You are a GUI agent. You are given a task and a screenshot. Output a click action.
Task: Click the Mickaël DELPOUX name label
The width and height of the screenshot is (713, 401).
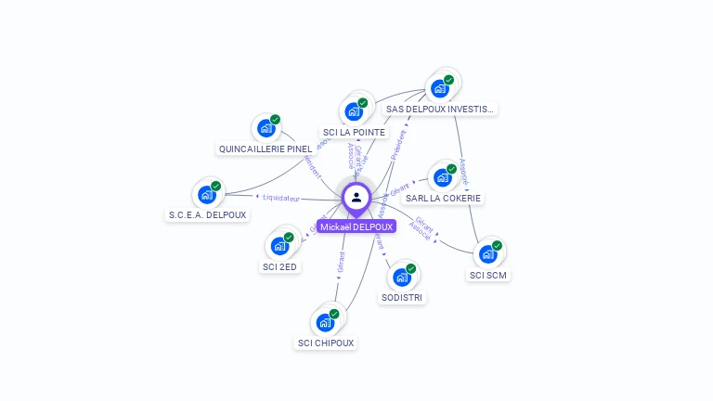pos(356,226)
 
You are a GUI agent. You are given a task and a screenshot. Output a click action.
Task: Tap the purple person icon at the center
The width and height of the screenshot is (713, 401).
pos(356,198)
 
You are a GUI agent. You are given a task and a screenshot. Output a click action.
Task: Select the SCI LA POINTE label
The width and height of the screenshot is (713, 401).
pos(354,133)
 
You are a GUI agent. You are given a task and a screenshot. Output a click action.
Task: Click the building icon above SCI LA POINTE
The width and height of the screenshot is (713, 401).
pos(354,111)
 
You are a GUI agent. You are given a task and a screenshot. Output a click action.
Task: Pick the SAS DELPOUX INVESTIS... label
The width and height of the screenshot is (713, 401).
pos(441,109)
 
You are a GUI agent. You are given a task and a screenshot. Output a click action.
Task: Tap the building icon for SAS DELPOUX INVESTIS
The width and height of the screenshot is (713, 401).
pos(440,88)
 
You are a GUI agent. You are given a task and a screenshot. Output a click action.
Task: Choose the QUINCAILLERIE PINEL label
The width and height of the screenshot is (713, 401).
pos(266,149)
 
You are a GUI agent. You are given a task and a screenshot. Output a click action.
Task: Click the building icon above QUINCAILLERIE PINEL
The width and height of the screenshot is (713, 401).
pos(266,128)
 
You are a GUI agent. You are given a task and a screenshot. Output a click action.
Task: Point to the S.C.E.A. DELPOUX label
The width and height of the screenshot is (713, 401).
pos(207,215)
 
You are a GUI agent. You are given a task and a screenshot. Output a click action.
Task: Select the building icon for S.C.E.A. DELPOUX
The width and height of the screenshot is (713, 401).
pos(207,195)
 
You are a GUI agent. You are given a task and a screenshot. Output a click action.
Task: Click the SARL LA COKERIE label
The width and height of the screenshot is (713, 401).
pos(444,199)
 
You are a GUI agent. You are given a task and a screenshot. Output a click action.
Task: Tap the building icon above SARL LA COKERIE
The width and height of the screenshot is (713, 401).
pos(443,177)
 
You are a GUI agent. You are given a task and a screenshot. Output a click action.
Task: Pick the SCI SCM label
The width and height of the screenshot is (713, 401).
pos(489,275)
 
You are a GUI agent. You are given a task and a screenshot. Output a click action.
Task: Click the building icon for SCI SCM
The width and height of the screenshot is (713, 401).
pos(488,253)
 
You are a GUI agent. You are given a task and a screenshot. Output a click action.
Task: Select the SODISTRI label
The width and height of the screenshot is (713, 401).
pos(402,298)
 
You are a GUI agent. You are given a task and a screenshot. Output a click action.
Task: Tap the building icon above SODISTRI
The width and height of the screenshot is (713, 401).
pos(402,277)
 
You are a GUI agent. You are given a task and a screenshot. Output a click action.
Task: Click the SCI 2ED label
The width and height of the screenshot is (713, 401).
pos(279,267)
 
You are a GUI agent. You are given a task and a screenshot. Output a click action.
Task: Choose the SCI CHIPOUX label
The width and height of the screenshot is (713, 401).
pos(326,343)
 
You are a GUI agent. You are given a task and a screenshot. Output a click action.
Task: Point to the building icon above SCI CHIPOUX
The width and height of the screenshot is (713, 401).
pos(326,322)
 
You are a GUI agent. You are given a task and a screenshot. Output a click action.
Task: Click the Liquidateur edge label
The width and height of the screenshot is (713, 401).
pos(281,198)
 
